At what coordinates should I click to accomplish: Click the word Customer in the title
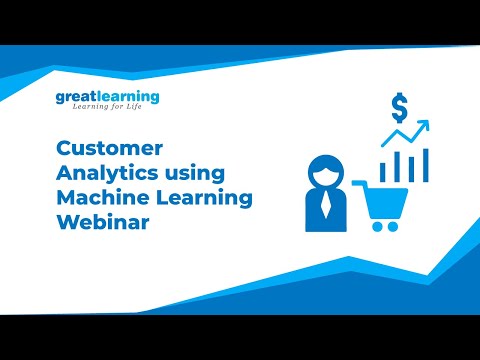98,149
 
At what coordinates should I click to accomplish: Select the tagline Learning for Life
107,110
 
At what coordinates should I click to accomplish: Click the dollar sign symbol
399,105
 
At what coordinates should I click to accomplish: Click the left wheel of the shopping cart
375,226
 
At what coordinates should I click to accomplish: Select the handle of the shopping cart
359,182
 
